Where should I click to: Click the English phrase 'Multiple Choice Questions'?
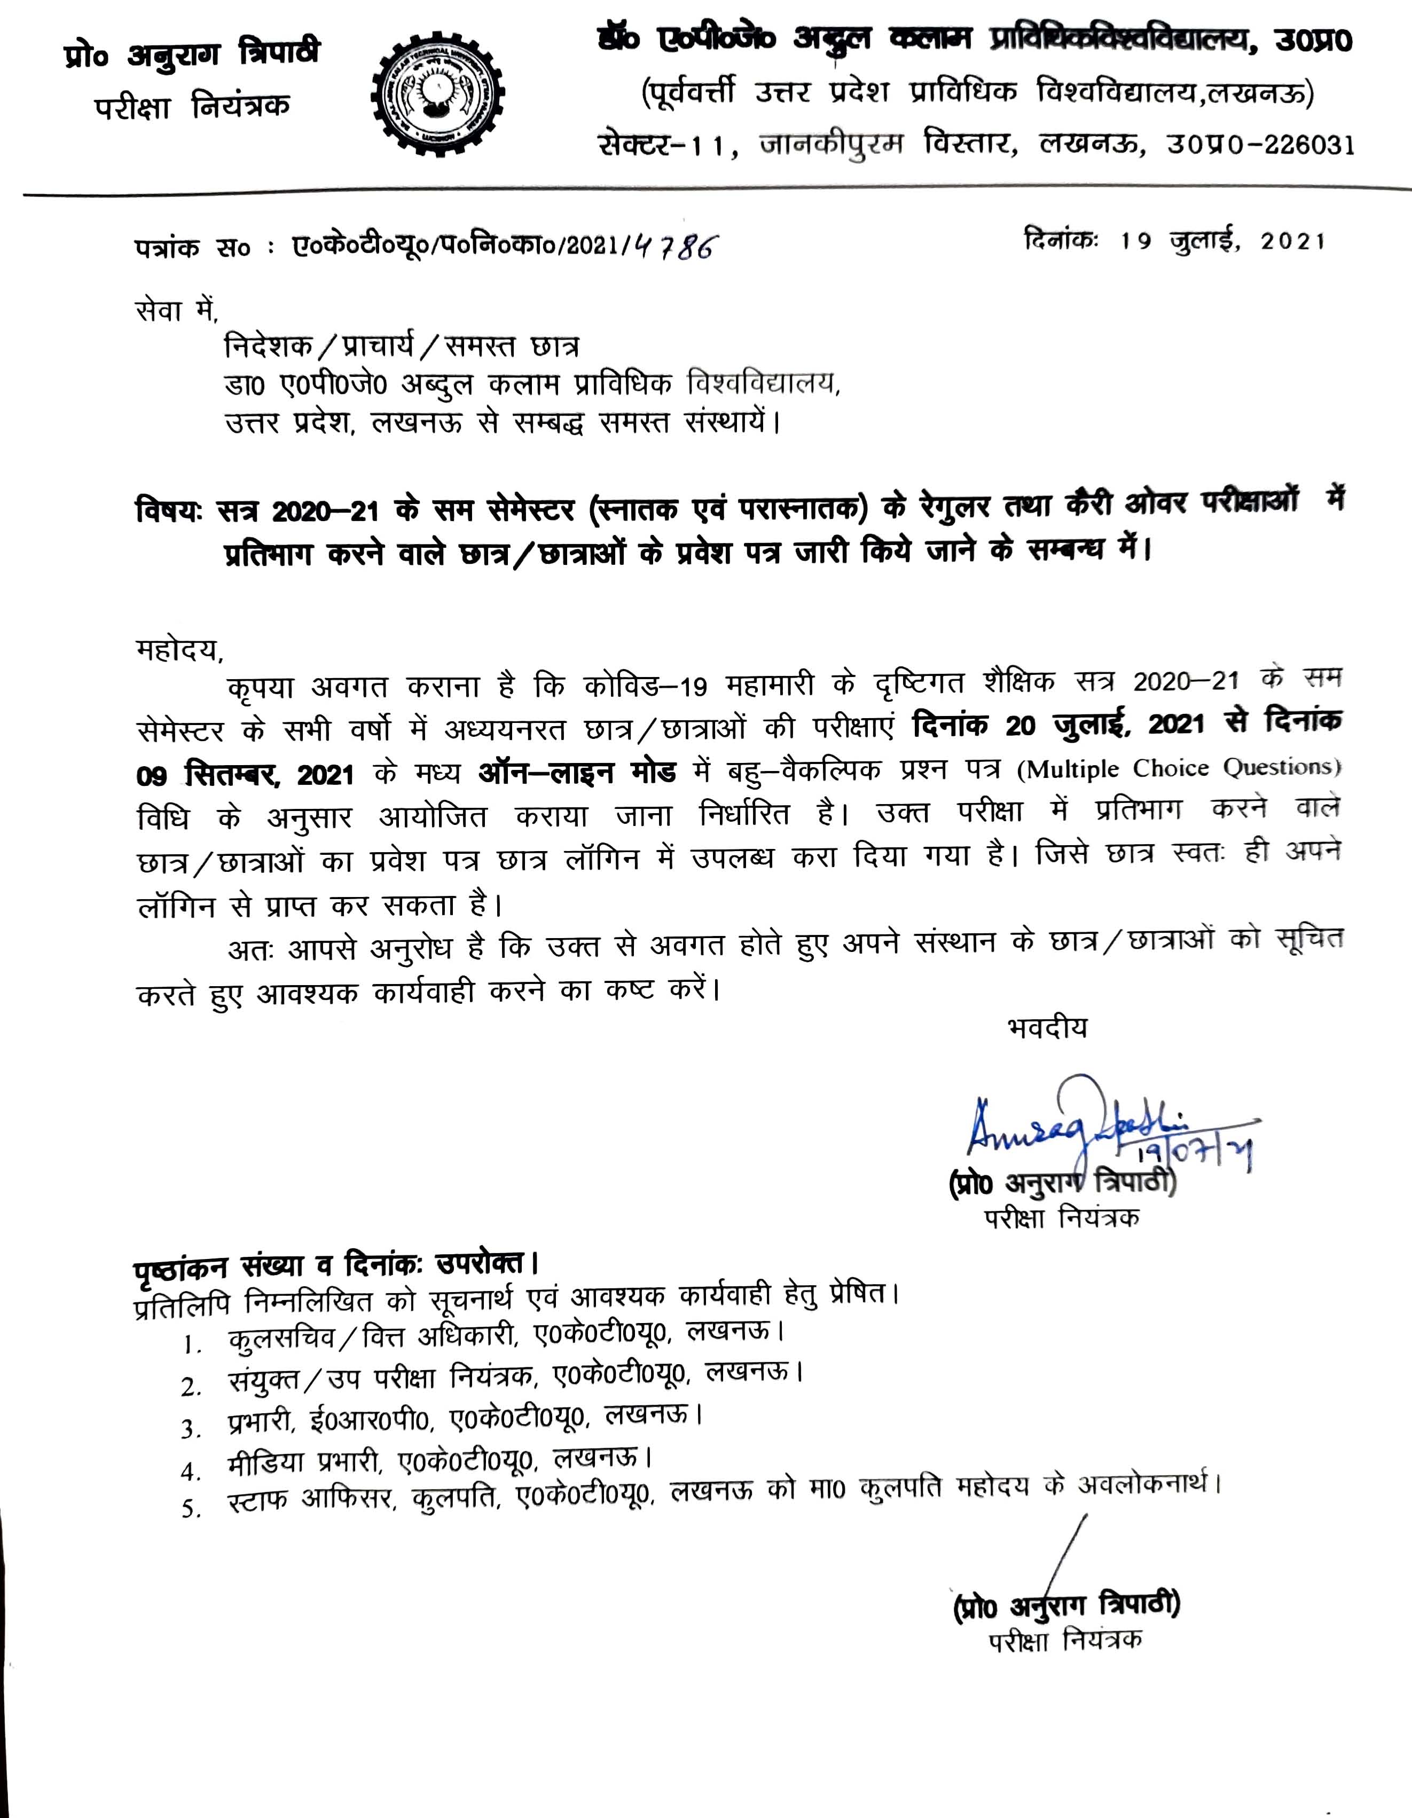pyautogui.click(x=1179, y=767)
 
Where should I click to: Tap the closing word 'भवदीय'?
pyautogui.click(x=1047, y=1028)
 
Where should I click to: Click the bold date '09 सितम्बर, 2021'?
pyautogui.click(x=246, y=775)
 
